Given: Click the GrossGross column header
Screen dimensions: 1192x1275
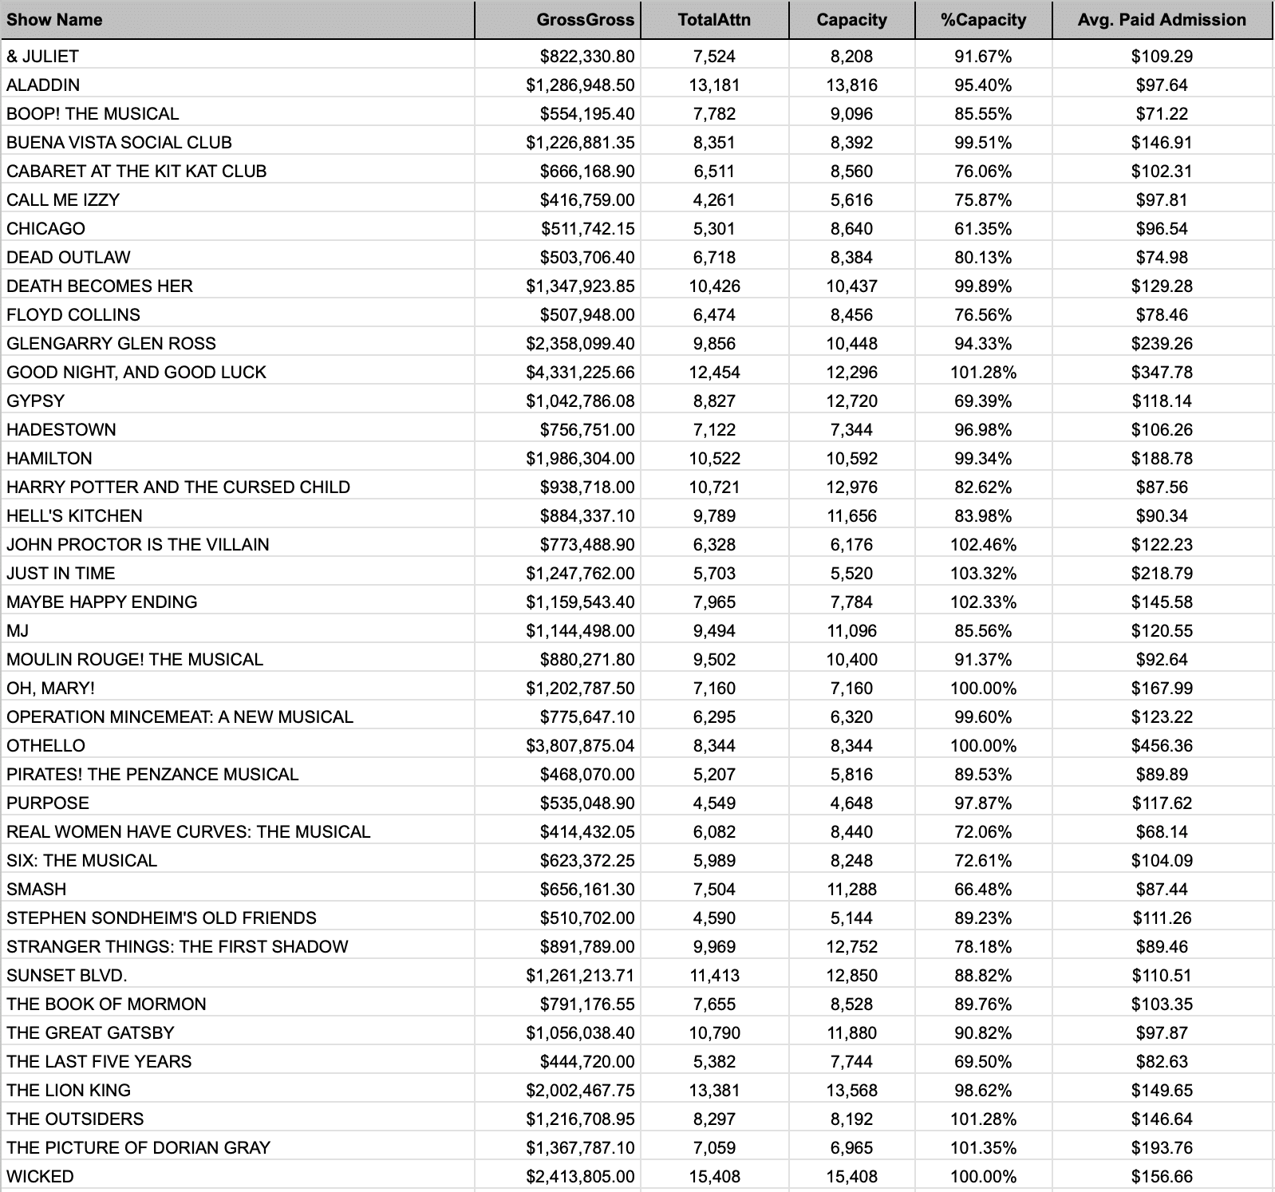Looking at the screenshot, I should coord(585,20).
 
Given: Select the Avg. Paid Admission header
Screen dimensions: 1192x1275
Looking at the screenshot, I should coord(1161,20).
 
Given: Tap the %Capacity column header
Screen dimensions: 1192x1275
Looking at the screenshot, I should coord(983,20).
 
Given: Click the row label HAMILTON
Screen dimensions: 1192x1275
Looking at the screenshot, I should coord(49,458).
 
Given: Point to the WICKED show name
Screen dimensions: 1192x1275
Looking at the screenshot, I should coord(40,1176).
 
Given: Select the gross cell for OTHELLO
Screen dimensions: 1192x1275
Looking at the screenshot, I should coord(580,745).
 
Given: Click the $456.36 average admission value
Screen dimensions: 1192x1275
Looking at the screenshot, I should coord(1161,745).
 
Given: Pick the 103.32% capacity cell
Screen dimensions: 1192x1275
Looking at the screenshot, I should coord(983,573).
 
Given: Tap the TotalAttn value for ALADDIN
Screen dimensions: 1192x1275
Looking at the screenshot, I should coord(714,85).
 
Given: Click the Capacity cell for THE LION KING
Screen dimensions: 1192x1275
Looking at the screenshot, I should coord(851,1090).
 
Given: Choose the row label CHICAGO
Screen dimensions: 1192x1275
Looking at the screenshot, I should coord(45,228).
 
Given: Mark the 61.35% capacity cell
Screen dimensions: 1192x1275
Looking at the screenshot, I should coord(983,228).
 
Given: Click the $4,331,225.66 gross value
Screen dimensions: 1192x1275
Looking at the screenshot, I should coord(580,372).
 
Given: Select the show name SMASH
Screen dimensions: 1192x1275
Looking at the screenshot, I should coord(36,889).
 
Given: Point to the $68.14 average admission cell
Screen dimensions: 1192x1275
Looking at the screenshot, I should coord(1161,831).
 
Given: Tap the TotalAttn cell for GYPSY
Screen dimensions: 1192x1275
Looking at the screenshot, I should coord(714,401).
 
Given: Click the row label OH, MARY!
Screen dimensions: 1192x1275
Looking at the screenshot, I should coord(50,688).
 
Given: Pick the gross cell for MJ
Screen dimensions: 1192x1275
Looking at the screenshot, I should coord(580,630).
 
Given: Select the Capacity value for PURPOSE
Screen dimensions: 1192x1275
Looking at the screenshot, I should coord(851,803).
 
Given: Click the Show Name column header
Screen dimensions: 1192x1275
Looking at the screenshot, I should coord(54,20).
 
